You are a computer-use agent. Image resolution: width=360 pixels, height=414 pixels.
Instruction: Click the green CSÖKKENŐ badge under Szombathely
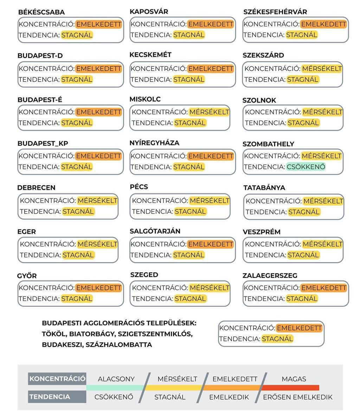[306, 167]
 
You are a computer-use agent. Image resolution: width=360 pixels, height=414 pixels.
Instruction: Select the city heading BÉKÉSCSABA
[41, 12]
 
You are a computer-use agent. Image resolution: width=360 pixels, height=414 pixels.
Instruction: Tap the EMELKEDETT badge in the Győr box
[98, 288]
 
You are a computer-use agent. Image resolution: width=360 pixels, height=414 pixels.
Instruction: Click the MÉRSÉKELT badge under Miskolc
[209, 112]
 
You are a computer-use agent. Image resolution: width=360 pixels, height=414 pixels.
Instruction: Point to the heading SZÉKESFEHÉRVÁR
[275, 12]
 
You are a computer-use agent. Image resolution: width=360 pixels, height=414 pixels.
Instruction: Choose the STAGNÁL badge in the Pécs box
[190, 212]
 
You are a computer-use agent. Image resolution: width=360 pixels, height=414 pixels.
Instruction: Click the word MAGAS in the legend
[294, 379]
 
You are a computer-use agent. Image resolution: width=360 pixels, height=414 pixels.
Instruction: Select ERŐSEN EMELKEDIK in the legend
[297, 397]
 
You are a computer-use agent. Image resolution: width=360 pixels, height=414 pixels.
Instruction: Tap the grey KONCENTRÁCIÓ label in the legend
[57, 379]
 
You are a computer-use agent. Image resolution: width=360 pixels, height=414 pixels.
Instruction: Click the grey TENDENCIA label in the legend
[50, 397]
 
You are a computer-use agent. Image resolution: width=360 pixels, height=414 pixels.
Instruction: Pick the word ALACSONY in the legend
[116, 379]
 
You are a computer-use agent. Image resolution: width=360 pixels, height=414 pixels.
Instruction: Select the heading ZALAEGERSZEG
[270, 276]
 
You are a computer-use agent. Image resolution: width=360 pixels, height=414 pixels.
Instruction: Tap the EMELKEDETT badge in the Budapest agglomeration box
[299, 328]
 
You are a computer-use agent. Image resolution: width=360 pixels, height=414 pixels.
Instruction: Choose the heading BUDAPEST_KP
[43, 143]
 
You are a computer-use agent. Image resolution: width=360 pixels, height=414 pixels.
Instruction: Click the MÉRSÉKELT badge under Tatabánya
[323, 201]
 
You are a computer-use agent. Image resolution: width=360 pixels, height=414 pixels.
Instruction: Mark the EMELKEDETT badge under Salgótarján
[210, 244]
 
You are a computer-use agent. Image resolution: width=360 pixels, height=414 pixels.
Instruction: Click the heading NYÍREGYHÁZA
[154, 143]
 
